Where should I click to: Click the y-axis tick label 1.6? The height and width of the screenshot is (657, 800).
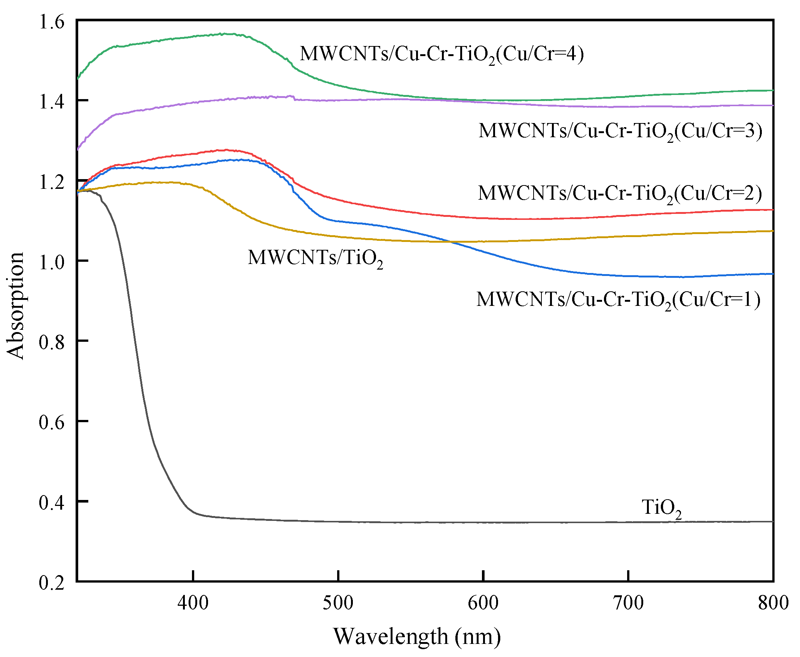tap(52, 22)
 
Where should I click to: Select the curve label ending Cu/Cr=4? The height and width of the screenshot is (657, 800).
tap(442, 54)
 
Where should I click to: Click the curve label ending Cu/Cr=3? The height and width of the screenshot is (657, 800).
tap(620, 131)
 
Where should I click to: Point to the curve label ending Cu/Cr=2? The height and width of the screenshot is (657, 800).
tap(620, 194)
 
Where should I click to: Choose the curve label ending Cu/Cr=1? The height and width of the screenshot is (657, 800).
tap(618, 300)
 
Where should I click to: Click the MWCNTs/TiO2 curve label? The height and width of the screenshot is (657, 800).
tap(315, 258)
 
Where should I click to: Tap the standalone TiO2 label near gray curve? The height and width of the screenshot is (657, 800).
tap(662, 508)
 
